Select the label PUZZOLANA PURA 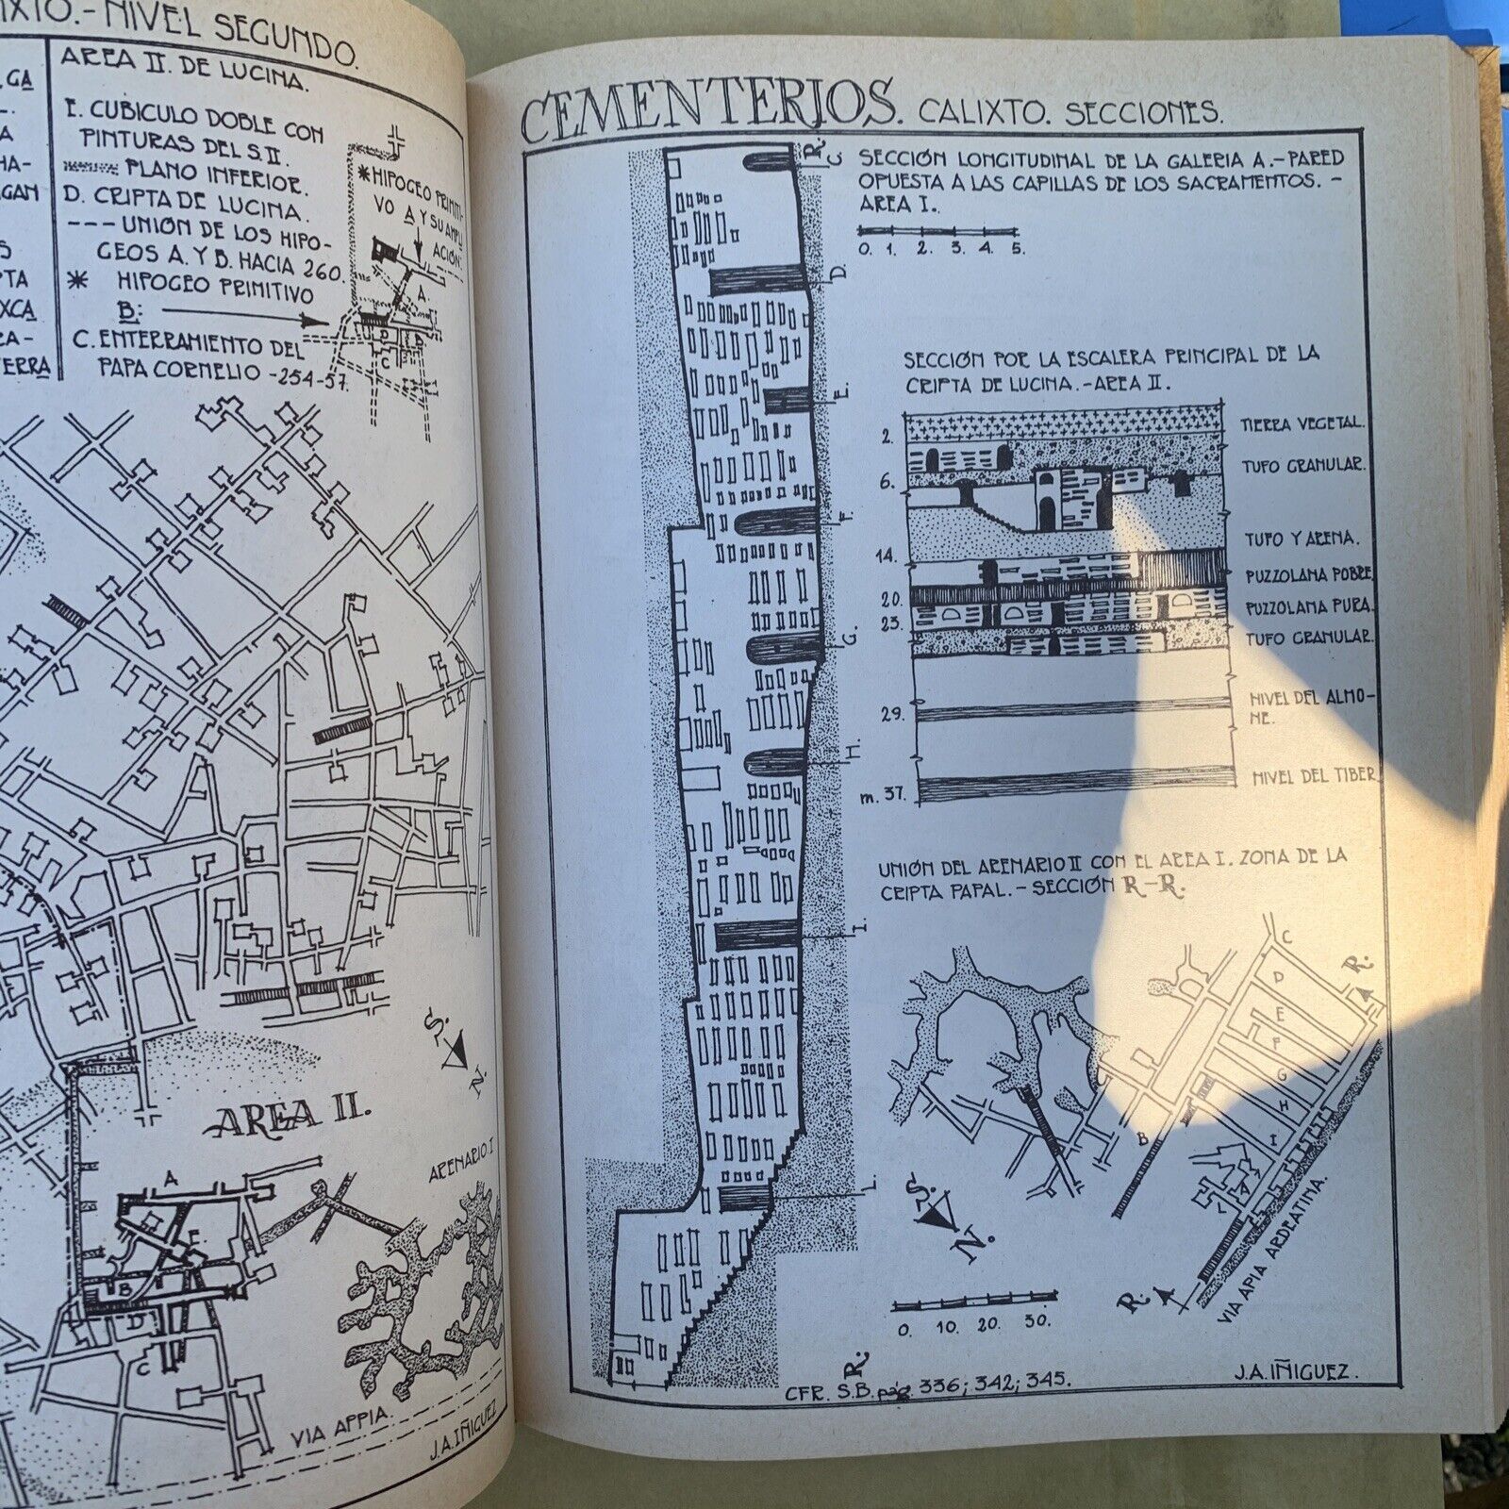pos(1309,608)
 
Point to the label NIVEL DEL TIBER pos(1314,776)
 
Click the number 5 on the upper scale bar pos(1017,249)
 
